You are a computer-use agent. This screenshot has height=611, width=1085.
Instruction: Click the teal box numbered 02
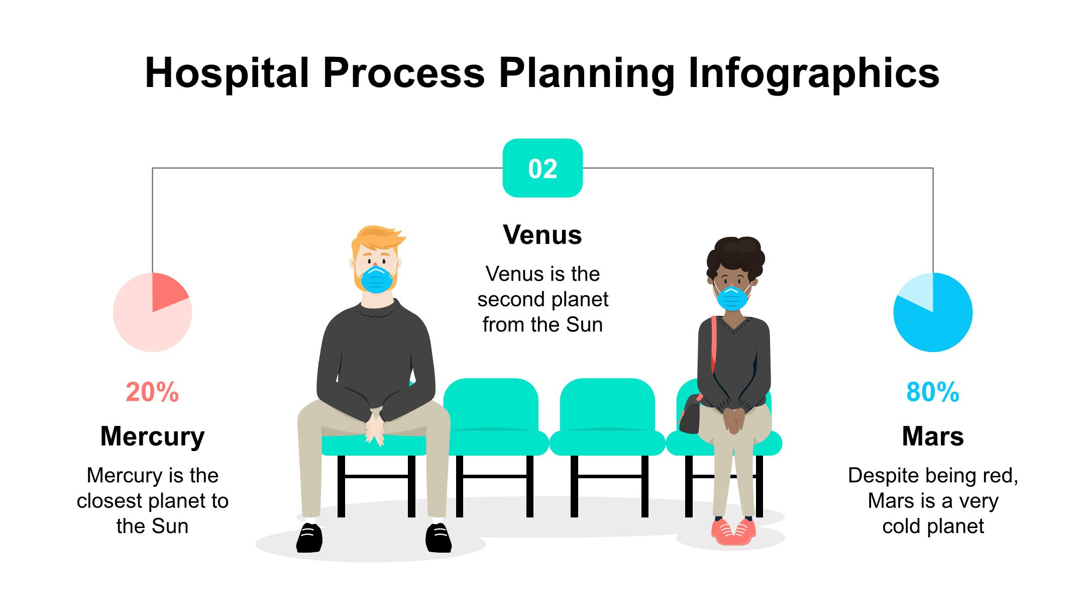pyautogui.click(x=542, y=168)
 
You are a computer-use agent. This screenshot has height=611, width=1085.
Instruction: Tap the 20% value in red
pyautogui.click(x=152, y=392)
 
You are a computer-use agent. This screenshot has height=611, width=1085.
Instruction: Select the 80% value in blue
pyautogui.click(x=933, y=392)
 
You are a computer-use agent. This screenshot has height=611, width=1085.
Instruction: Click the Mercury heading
pyautogui.click(x=152, y=437)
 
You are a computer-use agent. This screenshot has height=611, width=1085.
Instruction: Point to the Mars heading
pyautogui.click(x=933, y=437)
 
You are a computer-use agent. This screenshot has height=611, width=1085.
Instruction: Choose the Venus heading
pyautogui.click(x=542, y=235)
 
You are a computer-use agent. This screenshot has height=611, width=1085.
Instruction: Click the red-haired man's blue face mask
pyautogui.click(x=377, y=280)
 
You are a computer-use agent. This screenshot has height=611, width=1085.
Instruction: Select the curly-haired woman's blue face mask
pyautogui.click(x=732, y=298)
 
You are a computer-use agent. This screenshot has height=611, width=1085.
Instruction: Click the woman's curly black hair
pyautogui.click(x=736, y=259)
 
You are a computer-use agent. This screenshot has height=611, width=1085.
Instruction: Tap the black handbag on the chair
pyautogui.click(x=691, y=414)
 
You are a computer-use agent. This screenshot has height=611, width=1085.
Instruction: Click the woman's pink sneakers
pyautogui.click(x=733, y=532)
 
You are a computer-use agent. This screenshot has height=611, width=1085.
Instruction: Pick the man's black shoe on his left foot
pyautogui.click(x=438, y=538)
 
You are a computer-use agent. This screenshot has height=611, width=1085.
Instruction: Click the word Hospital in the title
pyautogui.click(x=227, y=73)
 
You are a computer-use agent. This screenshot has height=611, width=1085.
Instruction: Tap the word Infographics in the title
pyautogui.click(x=814, y=73)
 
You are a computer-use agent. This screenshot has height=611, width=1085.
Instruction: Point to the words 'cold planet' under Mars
pyautogui.click(x=933, y=526)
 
